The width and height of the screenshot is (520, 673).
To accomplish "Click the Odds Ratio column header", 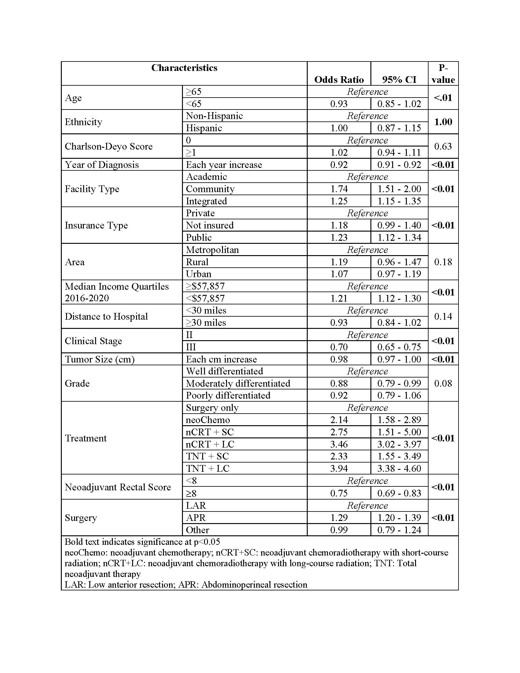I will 339,80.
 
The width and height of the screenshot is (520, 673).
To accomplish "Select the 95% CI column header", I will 399,80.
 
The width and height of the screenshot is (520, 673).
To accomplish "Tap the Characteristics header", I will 184,68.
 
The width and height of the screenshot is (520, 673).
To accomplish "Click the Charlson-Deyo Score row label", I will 109,146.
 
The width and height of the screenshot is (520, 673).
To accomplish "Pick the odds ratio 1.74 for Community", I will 339,188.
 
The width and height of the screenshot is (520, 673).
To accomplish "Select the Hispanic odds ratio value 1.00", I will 339,128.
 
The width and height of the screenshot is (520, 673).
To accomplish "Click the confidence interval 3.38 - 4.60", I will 399,468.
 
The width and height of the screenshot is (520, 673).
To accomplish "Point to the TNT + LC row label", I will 208,468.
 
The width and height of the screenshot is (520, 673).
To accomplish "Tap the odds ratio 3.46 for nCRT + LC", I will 339,444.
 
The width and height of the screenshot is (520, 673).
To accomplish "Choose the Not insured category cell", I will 210,225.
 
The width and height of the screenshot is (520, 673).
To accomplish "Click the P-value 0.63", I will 443,146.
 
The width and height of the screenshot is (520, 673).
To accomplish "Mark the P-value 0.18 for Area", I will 443,262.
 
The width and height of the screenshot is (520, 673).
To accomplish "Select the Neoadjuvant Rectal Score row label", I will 118,487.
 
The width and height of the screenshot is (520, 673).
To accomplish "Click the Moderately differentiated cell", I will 238,383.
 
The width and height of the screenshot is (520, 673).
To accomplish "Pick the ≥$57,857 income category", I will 205,286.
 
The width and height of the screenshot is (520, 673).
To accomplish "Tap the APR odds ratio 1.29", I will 339,517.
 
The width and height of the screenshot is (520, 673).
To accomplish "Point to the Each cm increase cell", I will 221,359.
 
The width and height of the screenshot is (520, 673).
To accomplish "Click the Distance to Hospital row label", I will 106,317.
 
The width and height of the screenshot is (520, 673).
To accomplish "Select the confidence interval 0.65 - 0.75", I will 399,347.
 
